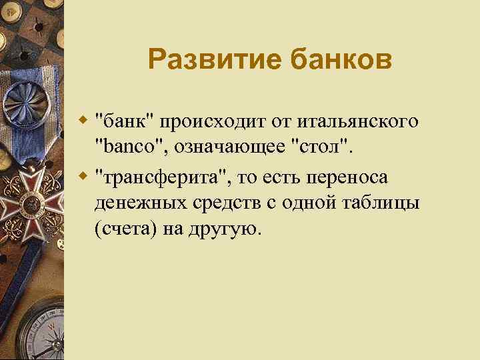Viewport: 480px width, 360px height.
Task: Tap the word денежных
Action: pos(133,203)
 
